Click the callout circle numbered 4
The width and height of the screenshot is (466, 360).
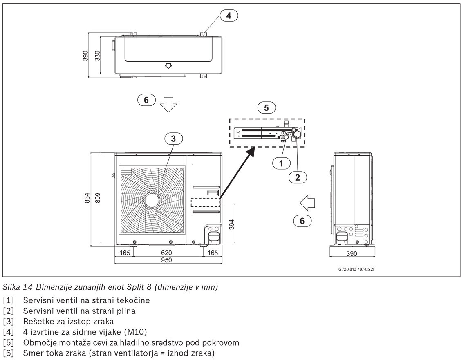click(x=229, y=16)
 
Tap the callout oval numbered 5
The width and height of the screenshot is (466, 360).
click(x=267, y=107)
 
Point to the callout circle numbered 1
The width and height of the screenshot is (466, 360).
click(x=281, y=163)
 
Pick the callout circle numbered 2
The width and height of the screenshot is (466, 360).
click(x=298, y=177)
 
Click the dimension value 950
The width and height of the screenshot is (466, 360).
click(x=166, y=260)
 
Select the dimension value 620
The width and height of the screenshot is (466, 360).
click(x=166, y=253)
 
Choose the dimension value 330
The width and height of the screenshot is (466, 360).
click(x=98, y=56)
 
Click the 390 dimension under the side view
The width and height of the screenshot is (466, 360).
click(x=352, y=253)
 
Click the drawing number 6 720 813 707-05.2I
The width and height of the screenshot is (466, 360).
click(x=355, y=270)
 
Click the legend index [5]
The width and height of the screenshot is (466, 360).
click(x=8, y=342)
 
